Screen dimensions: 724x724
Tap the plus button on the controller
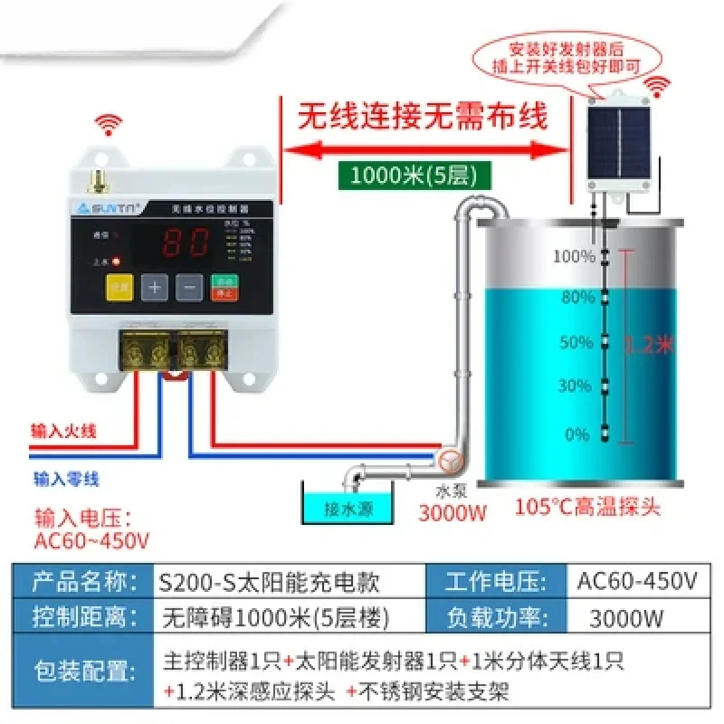[x=156, y=289]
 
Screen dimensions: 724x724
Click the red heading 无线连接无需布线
[x=424, y=118]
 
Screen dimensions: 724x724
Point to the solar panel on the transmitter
[x=621, y=139]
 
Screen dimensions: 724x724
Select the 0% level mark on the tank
[x=576, y=434]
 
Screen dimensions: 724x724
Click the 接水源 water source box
[x=349, y=507]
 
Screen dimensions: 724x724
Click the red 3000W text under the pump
[x=452, y=514]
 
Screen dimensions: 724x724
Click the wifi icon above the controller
[x=111, y=126]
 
